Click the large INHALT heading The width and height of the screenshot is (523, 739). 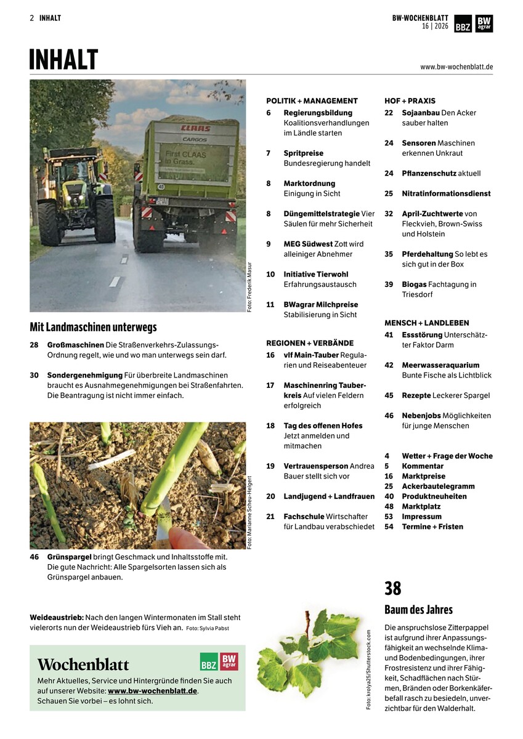[x=63, y=60]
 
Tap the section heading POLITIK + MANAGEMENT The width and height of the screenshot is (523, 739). [x=312, y=100]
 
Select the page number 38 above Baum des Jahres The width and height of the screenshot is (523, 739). [x=393, y=589]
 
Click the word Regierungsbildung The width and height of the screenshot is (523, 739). [x=318, y=113]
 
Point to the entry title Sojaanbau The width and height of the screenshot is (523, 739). [x=421, y=113]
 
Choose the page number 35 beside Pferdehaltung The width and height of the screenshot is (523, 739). [x=389, y=254]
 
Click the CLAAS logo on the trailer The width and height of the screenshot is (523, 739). [x=195, y=129]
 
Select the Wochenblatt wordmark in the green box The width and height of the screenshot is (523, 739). [x=83, y=665]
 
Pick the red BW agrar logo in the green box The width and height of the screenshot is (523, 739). [x=229, y=661]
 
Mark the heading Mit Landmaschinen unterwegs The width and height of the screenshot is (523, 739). [x=93, y=327]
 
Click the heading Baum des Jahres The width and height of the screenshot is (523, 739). [x=418, y=610]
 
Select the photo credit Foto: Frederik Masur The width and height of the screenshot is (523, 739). [x=249, y=286]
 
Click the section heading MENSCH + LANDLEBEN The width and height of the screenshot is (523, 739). [x=426, y=323]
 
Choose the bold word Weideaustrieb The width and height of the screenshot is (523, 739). [x=56, y=617]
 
